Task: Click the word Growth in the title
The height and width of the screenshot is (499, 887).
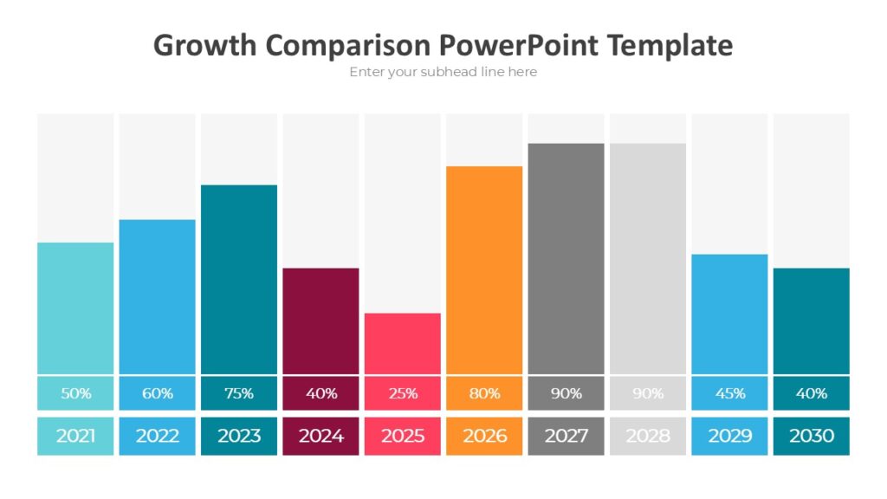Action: click(x=204, y=45)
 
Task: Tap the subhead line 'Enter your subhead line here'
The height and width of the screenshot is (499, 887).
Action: click(x=443, y=72)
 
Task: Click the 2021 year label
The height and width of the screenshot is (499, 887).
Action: click(x=75, y=436)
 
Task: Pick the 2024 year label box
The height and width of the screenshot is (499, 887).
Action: click(x=320, y=436)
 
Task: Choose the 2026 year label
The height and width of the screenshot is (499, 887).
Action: click(x=484, y=436)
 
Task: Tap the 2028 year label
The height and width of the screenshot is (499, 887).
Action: click(x=648, y=436)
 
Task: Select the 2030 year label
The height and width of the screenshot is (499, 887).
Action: click(x=812, y=436)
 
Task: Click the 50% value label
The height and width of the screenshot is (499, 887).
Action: click(x=75, y=393)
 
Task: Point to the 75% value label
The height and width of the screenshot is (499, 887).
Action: click(x=239, y=393)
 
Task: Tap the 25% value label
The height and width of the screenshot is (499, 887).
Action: click(x=403, y=393)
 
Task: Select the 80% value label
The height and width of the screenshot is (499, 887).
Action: click(x=484, y=393)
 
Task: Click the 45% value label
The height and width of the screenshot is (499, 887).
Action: click(x=729, y=393)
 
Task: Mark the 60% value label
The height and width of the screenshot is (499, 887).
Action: click(x=157, y=393)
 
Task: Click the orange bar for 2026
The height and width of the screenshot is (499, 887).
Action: click(x=484, y=269)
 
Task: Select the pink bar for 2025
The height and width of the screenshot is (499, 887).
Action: click(x=403, y=343)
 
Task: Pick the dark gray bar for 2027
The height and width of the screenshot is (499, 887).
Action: click(x=566, y=258)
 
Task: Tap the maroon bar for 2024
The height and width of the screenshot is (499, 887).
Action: click(x=320, y=321)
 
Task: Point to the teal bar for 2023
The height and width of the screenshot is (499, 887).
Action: click(x=239, y=279)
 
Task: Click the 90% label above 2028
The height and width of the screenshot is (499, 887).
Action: click(x=648, y=393)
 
